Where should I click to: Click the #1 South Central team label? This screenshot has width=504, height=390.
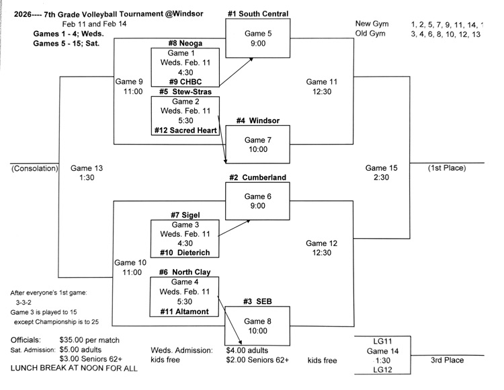(257, 13)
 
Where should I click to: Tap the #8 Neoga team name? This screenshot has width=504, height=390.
(185, 44)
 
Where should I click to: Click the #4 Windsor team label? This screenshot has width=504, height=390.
(257, 121)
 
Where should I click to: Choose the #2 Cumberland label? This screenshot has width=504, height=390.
(257, 178)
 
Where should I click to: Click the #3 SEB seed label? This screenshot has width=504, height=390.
(257, 303)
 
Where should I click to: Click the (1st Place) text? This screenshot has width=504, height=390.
(446, 168)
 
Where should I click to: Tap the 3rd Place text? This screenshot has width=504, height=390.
(447, 360)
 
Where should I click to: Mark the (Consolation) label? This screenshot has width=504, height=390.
(35, 168)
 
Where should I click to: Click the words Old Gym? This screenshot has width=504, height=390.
(371, 34)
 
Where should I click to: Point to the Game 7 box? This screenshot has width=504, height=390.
(257, 144)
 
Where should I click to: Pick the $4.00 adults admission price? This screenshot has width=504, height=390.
(247, 350)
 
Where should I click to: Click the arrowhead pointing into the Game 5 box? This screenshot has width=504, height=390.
(252, 60)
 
